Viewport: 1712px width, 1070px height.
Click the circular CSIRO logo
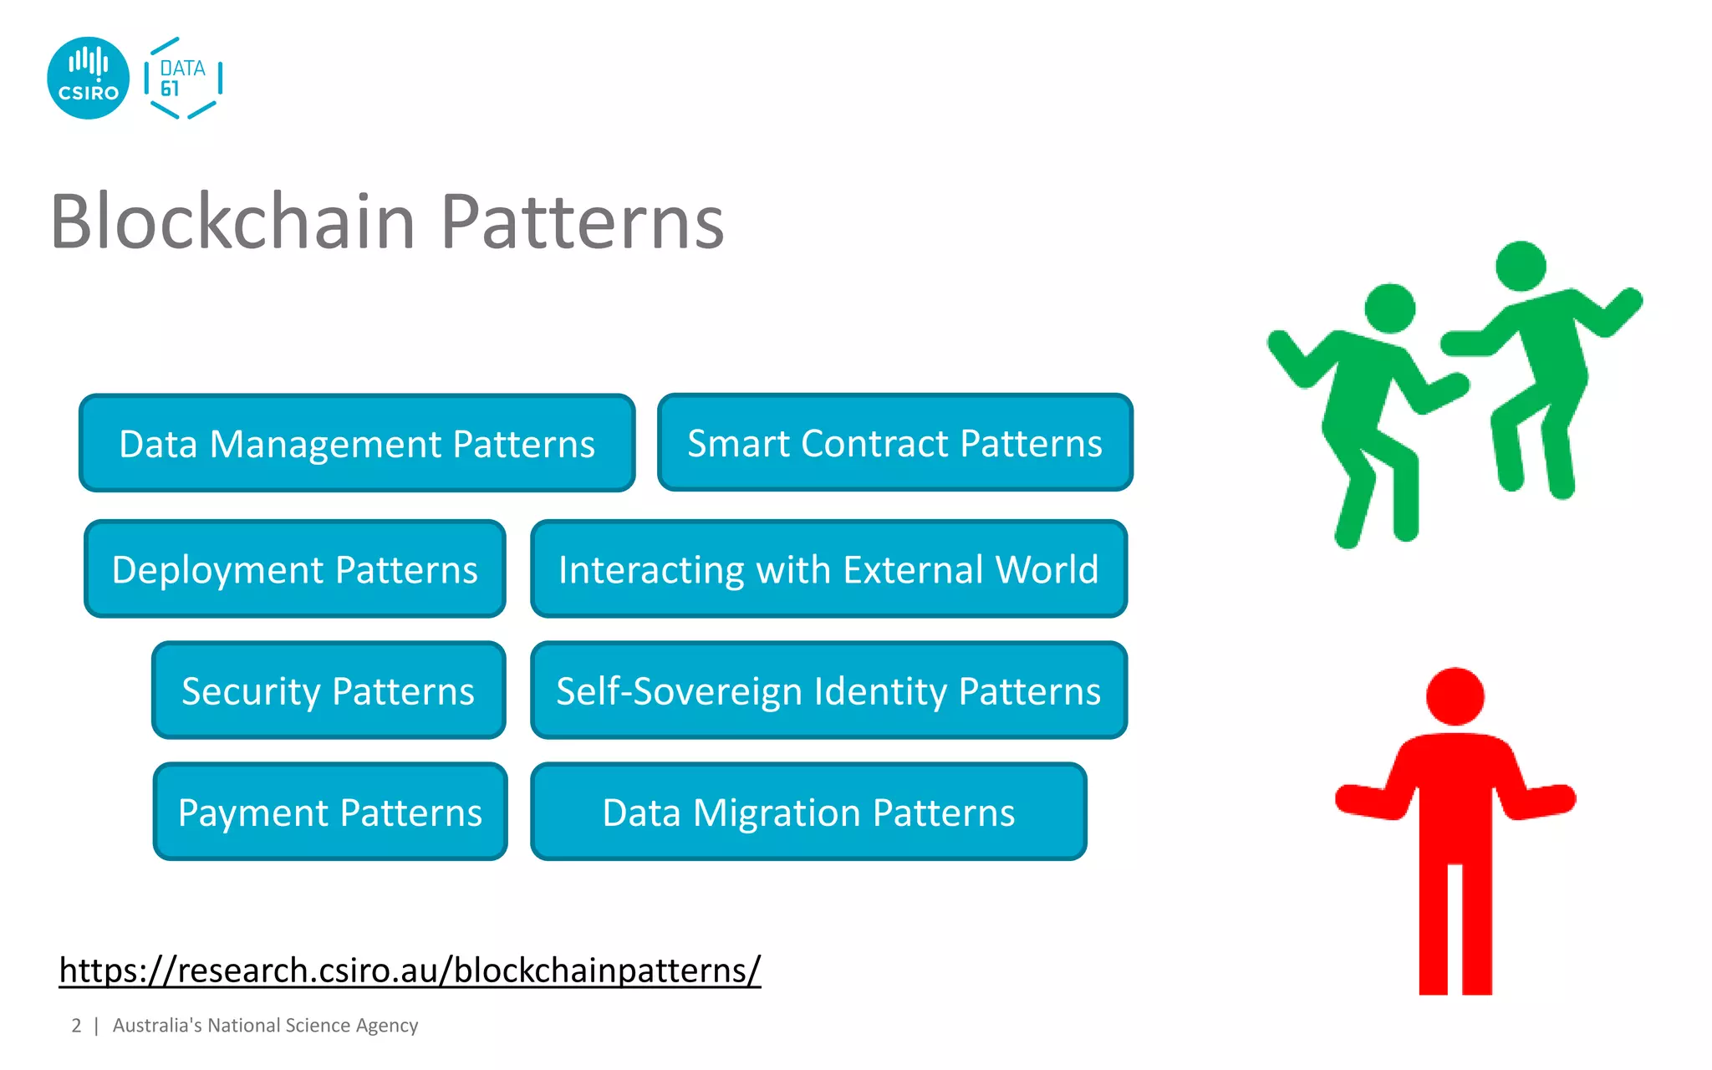(x=88, y=78)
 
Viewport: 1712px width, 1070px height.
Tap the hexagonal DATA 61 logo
(x=182, y=78)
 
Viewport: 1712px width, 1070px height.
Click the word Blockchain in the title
(x=232, y=222)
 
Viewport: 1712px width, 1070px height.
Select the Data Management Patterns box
(x=357, y=443)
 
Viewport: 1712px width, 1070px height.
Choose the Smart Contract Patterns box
(x=894, y=442)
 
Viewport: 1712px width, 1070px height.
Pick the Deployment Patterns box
(x=295, y=569)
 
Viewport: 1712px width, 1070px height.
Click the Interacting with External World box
(x=828, y=569)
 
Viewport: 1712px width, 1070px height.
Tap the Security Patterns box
(x=329, y=690)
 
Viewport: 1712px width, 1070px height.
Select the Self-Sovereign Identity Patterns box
(x=828, y=690)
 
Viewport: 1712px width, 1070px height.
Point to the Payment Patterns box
(x=330, y=812)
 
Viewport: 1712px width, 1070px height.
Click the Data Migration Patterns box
(x=808, y=812)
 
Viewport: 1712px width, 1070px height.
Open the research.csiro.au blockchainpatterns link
(x=410, y=970)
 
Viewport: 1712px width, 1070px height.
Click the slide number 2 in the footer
(x=76, y=1026)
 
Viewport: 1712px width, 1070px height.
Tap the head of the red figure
(x=1455, y=695)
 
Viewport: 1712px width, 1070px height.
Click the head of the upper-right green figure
(x=1521, y=266)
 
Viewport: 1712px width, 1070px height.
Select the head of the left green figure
(x=1389, y=308)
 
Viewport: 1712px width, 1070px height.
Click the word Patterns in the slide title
(x=582, y=222)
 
